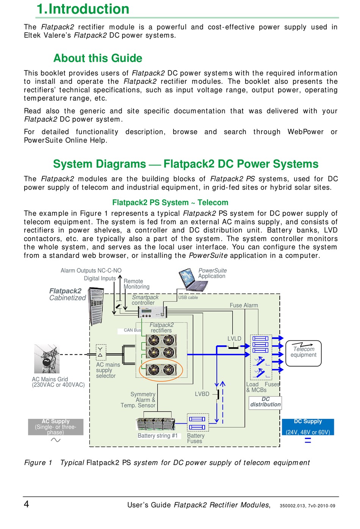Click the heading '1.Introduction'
click(x=83, y=9)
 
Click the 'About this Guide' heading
click(x=98, y=58)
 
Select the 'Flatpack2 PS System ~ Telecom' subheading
click(x=170, y=203)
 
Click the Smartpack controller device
click(x=152, y=312)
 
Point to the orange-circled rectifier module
click(x=161, y=370)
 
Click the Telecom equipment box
click(x=303, y=353)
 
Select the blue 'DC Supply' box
click(x=308, y=427)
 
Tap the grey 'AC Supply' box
click(x=56, y=427)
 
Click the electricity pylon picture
click(x=47, y=359)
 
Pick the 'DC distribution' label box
click(x=265, y=402)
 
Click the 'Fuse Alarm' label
click(x=244, y=305)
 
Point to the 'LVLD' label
click(x=234, y=339)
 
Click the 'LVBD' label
click(x=202, y=394)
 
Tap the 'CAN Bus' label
click(x=132, y=330)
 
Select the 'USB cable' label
click(x=188, y=298)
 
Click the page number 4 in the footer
click(x=27, y=504)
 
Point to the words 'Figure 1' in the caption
click(x=38, y=463)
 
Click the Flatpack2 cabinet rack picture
click(x=96, y=306)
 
